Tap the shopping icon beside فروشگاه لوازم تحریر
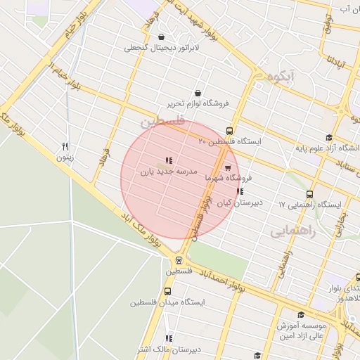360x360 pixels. click(x=198, y=93)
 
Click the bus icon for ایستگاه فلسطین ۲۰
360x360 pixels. click(x=229, y=131)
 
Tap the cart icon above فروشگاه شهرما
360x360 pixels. click(x=227, y=167)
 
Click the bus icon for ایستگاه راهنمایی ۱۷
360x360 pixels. click(x=309, y=195)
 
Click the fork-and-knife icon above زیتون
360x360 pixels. click(x=65, y=146)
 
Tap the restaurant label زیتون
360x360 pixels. click(x=65, y=157)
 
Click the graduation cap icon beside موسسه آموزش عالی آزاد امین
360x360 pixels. click(x=302, y=315)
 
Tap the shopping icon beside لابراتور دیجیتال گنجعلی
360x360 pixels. click(x=162, y=37)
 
